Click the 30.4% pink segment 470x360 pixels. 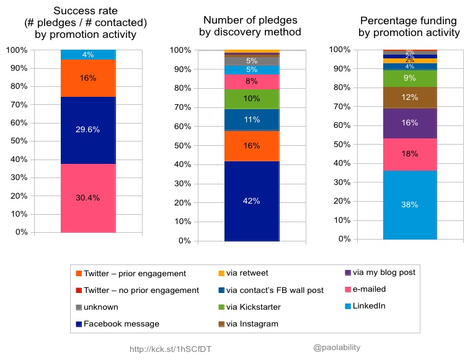coord(88,198)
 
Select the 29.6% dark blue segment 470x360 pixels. coord(88,130)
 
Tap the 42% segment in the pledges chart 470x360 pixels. coord(252,200)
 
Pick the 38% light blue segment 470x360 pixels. coord(410,205)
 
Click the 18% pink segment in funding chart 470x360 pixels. coord(410,154)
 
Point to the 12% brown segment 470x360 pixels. coord(410,97)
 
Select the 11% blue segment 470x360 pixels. coord(252,119)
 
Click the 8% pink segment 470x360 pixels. coord(252,81)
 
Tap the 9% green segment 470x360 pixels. coord(410,78)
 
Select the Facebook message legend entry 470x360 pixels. coord(121,323)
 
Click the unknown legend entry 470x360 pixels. coord(101,307)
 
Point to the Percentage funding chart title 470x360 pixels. coord(409,26)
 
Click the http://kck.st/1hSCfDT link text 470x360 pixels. coord(171,349)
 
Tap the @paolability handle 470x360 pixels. coord(337,348)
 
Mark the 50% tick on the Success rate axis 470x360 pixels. coord(21,142)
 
